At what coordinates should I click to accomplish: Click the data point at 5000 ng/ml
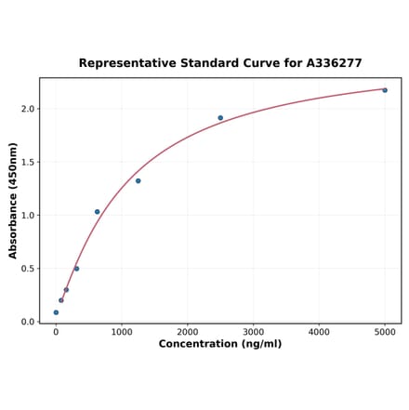pos(385,90)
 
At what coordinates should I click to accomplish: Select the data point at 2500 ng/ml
pos(220,118)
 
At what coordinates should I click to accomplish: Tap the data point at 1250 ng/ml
pos(138,180)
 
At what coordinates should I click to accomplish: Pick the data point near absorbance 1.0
pos(97,212)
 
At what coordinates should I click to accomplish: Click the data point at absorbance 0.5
pos(76,269)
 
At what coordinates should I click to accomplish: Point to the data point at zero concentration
pos(56,312)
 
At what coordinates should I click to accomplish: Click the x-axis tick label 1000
pos(122,331)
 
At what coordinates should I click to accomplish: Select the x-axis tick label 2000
pos(188,331)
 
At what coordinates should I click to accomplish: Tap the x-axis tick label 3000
pos(253,331)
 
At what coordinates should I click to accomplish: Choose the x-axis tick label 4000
pos(319,331)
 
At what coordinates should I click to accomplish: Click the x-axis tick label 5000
pos(385,331)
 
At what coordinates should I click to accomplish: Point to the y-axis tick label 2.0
pos(28,109)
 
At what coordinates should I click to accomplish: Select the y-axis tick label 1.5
pos(28,162)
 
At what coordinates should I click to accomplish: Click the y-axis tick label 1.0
pos(28,216)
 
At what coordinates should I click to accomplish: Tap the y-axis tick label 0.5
pos(28,269)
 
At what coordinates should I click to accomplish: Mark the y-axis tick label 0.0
pos(28,322)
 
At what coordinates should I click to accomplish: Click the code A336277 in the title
pos(329,63)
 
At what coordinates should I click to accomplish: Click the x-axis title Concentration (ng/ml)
pos(220,344)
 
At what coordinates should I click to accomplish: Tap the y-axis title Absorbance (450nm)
pos(13,201)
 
